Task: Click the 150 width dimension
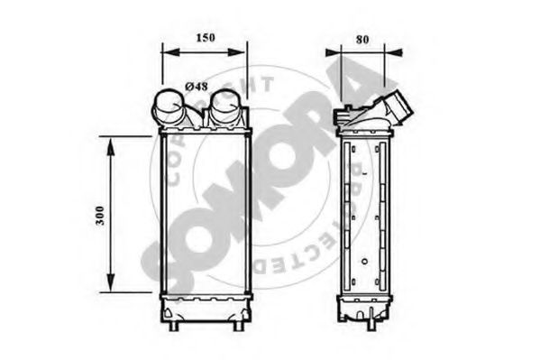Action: coord(206,38)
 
